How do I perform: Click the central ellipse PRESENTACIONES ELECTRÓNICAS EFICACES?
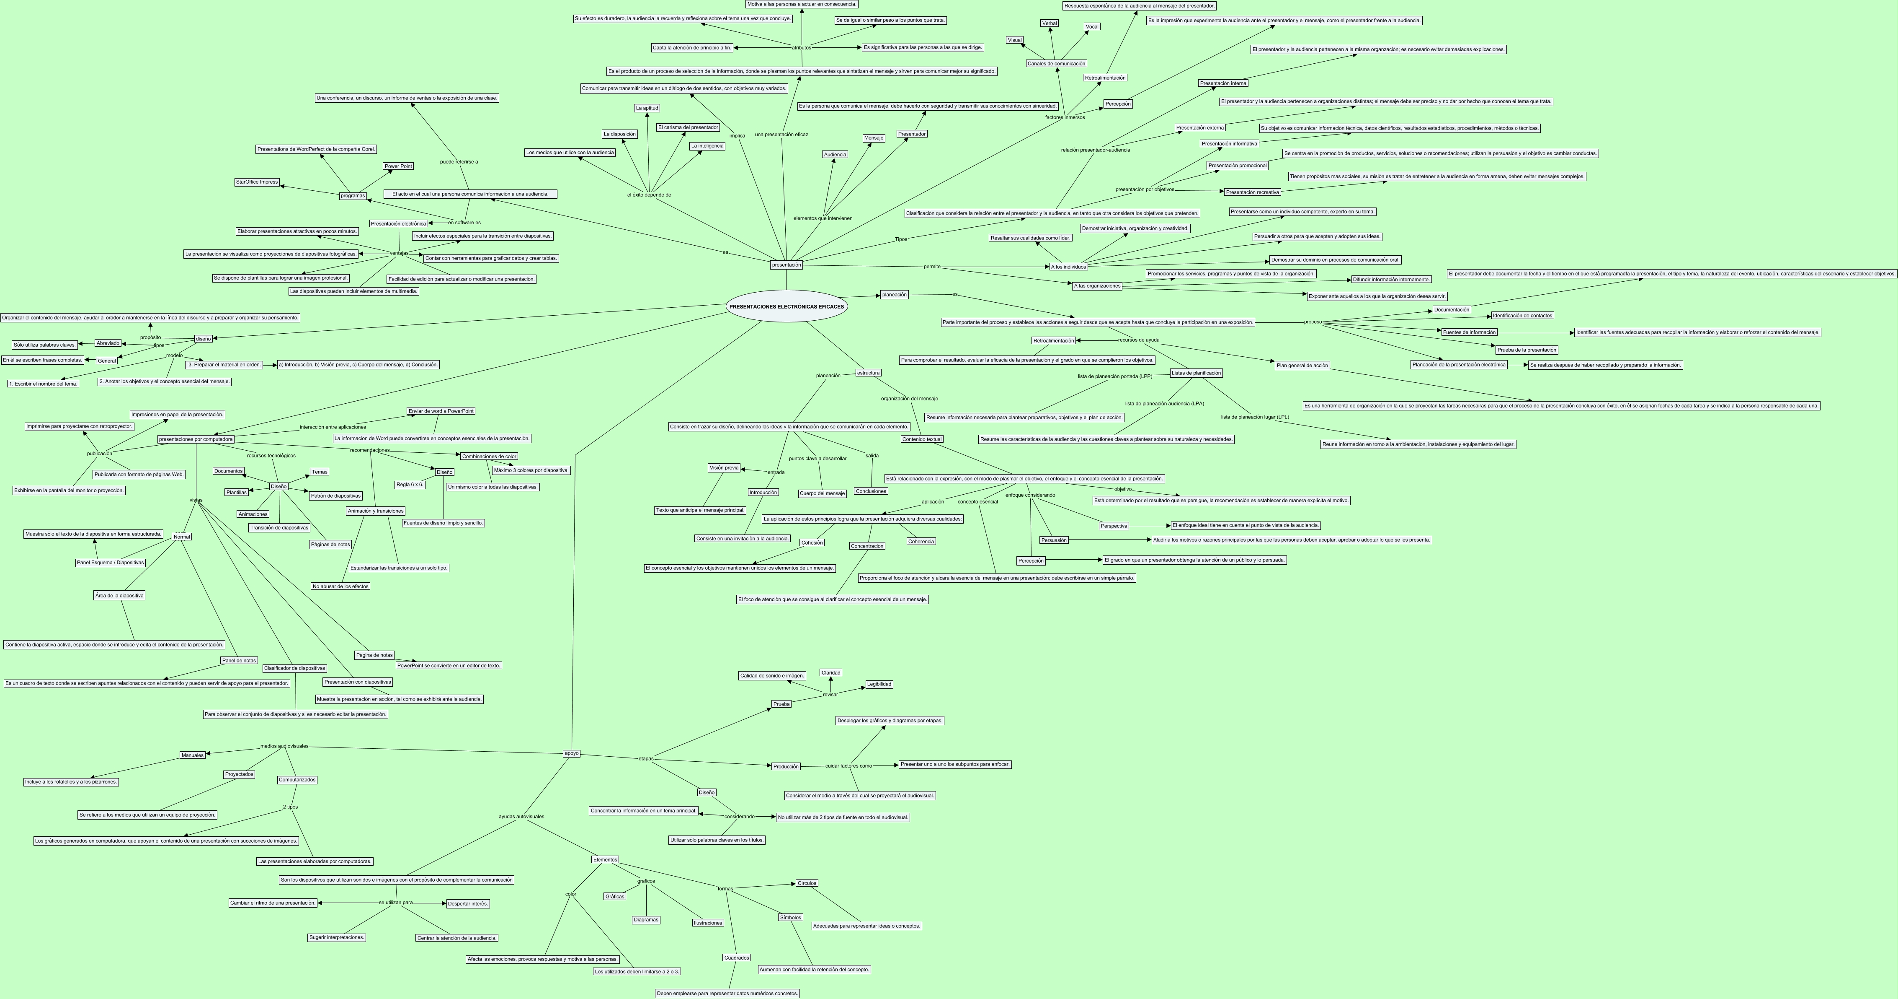click(x=786, y=306)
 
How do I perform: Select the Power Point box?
click(x=398, y=166)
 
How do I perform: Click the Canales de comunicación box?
click(x=1056, y=63)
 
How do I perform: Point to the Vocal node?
click(x=1092, y=26)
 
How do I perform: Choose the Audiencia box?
click(x=835, y=155)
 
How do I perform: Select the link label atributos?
click(x=801, y=48)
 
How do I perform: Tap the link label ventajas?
click(x=399, y=253)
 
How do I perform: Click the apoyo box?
click(x=571, y=753)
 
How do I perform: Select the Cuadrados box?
click(x=737, y=958)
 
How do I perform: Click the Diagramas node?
click(x=646, y=920)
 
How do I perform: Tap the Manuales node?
click(x=192, y=755)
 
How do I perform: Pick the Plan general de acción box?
click(x=1302, y=366)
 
